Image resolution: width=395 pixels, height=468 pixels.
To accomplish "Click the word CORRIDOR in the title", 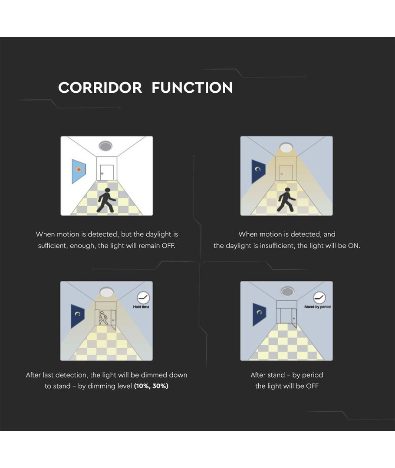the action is pyautogui.click(x=100, y=88).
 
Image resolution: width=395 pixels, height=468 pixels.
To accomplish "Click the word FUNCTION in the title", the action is pyautogui.click(x=192, y=88).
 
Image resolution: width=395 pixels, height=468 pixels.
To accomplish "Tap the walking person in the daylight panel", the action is pyautogui.click(x=106, y=200).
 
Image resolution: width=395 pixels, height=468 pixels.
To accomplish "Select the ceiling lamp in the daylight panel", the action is pyautogui.click(x=105, y=146).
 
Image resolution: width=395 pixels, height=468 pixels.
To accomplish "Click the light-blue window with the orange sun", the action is pyautogui.click(x=79, y=171).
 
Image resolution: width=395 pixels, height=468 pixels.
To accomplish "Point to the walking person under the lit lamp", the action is pyautogui.click(x=286, y=200).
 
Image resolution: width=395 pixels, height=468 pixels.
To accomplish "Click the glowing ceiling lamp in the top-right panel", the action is pyautogui.click(x=286, y=147).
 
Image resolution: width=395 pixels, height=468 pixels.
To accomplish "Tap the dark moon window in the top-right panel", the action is pyautogui.click(x=258, y=171).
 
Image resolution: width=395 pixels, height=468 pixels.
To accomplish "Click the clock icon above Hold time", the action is pyautogui.click(x=143, y=298).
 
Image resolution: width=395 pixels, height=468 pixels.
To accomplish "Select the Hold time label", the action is pyautogui.click(x=141, y=307).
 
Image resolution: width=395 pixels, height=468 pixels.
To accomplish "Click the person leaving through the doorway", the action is pyautogui.click(x=103, y=318).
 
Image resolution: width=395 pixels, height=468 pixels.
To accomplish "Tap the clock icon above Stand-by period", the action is pyautogui.click(x=319, y=298).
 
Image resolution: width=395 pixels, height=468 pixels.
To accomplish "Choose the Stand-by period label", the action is pyautogui.click(x=318, y=307).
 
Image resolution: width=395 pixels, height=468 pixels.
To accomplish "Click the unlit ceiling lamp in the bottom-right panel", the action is pyautogui.click(x=287, y=291).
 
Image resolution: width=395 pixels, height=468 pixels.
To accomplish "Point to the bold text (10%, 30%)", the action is pyautogui.click(x=151, y=386).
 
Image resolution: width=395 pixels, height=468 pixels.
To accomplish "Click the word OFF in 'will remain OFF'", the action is pyautogui.click(x=168, y=246).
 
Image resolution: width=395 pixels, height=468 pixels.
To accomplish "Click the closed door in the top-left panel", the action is pyautogui.click(x=106, y=172).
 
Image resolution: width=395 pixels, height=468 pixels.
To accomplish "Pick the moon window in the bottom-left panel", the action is pyautogui.click(x=78, y=316).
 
